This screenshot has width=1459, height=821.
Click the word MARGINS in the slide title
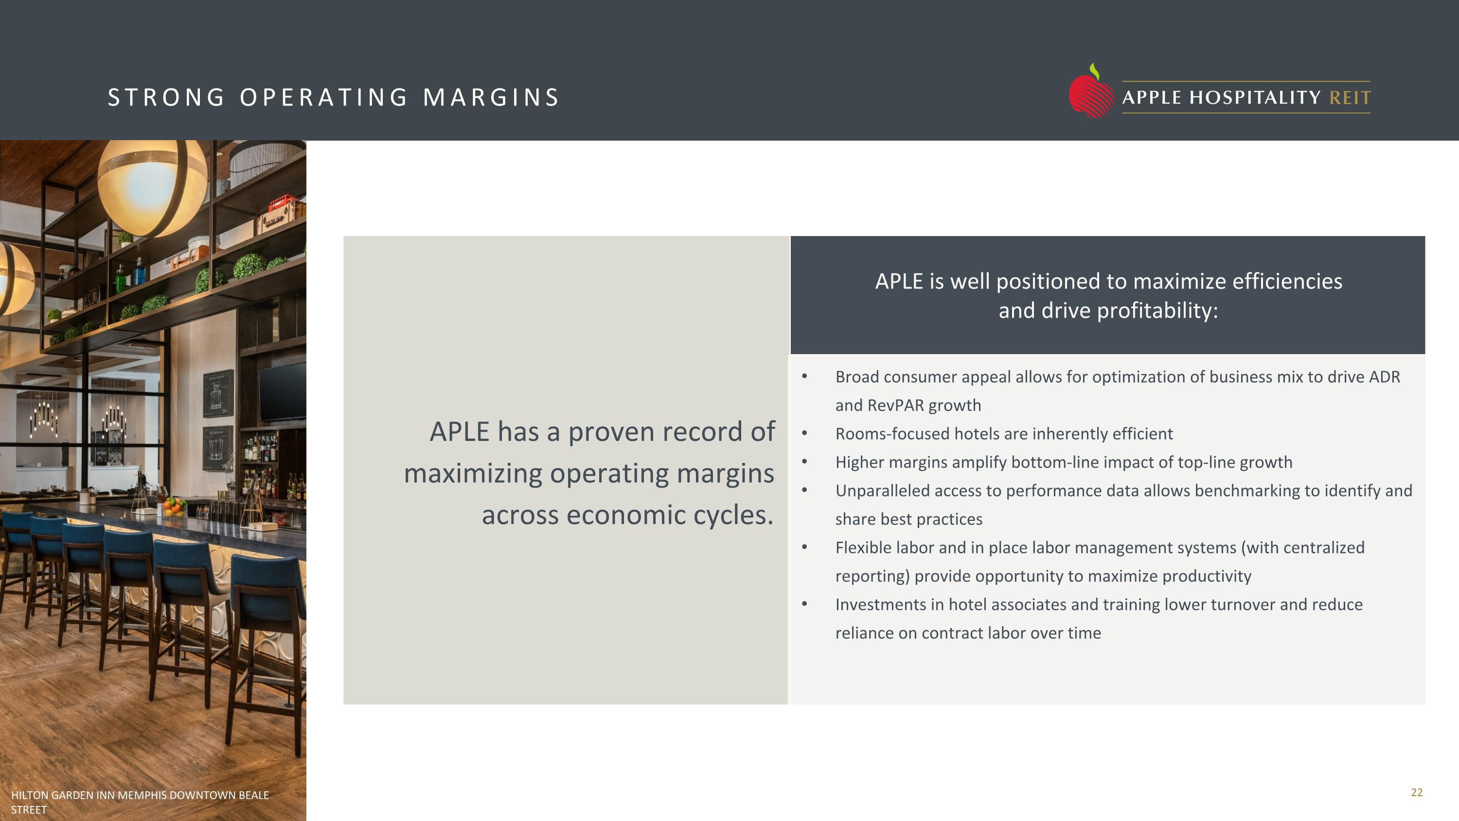[x=491, y=97]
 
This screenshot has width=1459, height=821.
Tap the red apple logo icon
[x=1090, y=94]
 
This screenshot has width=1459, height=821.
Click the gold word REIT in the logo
[x=1350, y=97]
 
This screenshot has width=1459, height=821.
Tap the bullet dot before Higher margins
[x=804, y=462]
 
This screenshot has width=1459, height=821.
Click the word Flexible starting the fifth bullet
[x=864, y=548]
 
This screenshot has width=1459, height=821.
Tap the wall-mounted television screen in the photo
[x=282, y=391]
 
